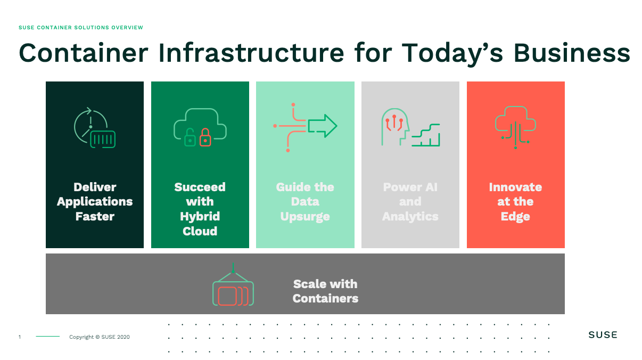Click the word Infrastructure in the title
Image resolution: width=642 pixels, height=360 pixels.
(x=251, y=53)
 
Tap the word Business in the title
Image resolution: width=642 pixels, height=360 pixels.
(x=572, y=53)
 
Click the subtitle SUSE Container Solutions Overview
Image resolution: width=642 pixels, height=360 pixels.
(x=81, y=28)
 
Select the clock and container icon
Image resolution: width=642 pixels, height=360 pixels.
(x=95, y=128)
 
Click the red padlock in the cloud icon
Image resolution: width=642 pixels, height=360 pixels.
(x=205, y=137)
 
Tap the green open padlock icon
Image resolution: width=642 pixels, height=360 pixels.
(x=190, y=137)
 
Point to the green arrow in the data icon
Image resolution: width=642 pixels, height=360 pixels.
(x=323, y=126)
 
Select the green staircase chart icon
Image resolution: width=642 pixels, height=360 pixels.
(x=426, y=135)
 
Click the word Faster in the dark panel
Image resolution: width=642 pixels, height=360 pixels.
(x=95, y=216)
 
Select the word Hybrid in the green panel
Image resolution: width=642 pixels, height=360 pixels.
(x=200, y=216)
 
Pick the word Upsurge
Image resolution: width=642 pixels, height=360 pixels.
(x=305, y=217)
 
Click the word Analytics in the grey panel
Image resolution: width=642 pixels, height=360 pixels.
(x=410, y=216)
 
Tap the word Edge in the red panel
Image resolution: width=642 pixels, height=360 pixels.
(x=515, y=217)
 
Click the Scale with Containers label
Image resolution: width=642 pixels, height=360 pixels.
(x=325, y=291)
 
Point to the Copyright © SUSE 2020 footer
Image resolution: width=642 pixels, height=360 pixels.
(x=100, y=337)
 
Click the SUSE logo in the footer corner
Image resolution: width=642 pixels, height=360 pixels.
(x=603, y=335)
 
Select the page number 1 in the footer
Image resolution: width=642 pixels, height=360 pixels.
(x=20, y=337)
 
